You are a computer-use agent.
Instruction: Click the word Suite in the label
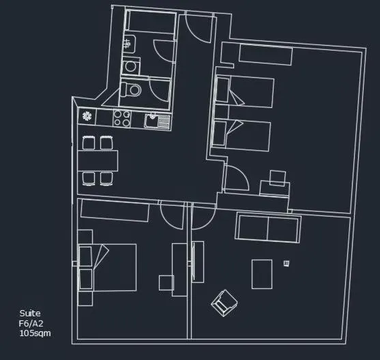click(x=29, y=314)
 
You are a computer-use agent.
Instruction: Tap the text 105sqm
click(x=35, y=333)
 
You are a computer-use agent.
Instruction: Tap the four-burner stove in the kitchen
click(x=122, y=118)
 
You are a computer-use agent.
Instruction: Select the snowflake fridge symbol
click(x=87, y=116)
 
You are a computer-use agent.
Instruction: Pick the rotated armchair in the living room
click(x=222, y=303)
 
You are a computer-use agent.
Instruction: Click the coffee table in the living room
click(x=263, y=273)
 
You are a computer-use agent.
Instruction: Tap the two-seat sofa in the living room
click(x=268, y=229)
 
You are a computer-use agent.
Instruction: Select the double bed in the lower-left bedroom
click(x=113, y=267)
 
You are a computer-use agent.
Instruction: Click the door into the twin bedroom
click(x=235, y=179)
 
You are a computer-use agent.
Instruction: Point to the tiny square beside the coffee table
click(x=287, y=263)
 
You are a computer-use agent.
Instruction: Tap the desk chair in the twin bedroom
click(x=278, y=178)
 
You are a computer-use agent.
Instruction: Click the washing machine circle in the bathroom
click(x=130, y=66)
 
